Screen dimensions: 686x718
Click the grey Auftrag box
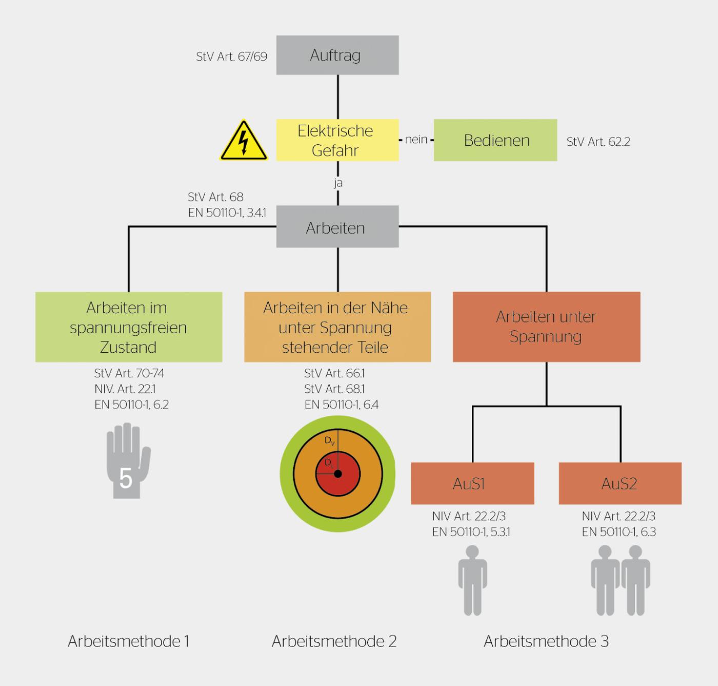coord(337,55)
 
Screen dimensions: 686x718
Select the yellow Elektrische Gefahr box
coord(337,140)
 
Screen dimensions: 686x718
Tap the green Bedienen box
coord(495,140)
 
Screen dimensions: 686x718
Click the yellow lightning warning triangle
coord(244,142)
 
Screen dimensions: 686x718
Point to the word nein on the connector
coord(416,140)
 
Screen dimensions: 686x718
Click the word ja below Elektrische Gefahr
coord(337,183)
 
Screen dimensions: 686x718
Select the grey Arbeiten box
coord(337,227)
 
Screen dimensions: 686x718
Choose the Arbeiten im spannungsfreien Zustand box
coord(128,327)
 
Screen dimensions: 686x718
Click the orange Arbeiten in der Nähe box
coord(337,327)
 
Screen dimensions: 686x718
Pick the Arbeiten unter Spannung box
coord(546,327)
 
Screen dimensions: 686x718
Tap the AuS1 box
coord(472,483)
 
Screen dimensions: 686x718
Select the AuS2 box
coord(620,483)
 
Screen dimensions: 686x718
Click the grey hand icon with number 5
coord(127,461)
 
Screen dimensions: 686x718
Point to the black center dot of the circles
coord(337,474)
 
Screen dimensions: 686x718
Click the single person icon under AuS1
coord(472,580)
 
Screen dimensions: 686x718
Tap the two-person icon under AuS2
coord(620,580)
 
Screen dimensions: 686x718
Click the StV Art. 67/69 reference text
coord(231,56)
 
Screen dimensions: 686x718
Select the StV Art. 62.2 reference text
coord(598,142)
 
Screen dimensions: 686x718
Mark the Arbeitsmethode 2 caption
coord(334,641)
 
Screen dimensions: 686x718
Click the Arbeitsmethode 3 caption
coord(546,641)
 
